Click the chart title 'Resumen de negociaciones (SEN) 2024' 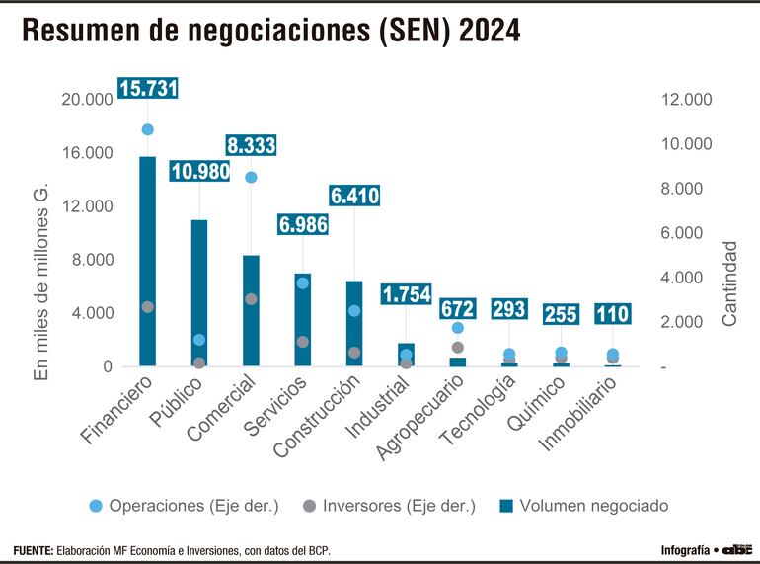coord(270,32)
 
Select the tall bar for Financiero coord(148,262)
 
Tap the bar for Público coord(199,292)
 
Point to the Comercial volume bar coord(251,311)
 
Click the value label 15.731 coord(148,88)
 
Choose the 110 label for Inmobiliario coord(612,314)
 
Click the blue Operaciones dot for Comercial coord(251,177)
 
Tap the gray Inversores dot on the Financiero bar coord(148,307)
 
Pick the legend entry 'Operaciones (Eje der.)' coord(183,506)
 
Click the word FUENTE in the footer coord(34,549)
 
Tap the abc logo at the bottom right coord(736,549)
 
